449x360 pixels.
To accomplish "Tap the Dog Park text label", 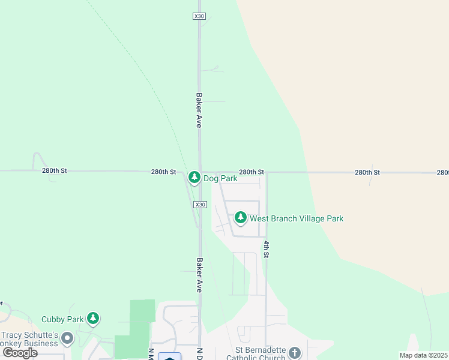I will pyautogui.click(x=220, y=178).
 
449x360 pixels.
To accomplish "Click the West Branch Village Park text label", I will pyautogui.click(x=297, y=218).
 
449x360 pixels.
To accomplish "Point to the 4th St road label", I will pyautogui.click(x=266, y=250).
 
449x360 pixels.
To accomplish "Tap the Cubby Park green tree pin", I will pyautogui.click(x=92, y=317).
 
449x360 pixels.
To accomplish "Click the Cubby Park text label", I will pyautogui.click(x=62, y=319).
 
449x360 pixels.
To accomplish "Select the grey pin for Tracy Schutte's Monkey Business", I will pyautogui.click(x=67, y=338).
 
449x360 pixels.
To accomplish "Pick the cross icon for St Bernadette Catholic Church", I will pyautogui.click(x=294, y=352).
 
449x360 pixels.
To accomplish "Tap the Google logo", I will pyautogui.click(x=20, y=353).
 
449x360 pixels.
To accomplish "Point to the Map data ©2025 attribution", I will pyautogui.click(x=423, y=355).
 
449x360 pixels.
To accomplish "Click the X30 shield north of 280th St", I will pyautogui.click(x=199, y=16).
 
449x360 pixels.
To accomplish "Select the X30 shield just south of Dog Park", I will pyautogui.click(x=200, y=205).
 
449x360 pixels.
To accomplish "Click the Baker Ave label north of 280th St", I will pyautogui.click(x=198, y=109).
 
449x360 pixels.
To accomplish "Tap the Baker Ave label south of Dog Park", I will pyautogui.click(x=199, y=275).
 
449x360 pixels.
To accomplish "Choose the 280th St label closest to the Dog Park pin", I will pyautogui.click(x=163, y=172).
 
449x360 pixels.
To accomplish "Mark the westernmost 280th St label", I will pyautogui.click(x=55, y=170).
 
